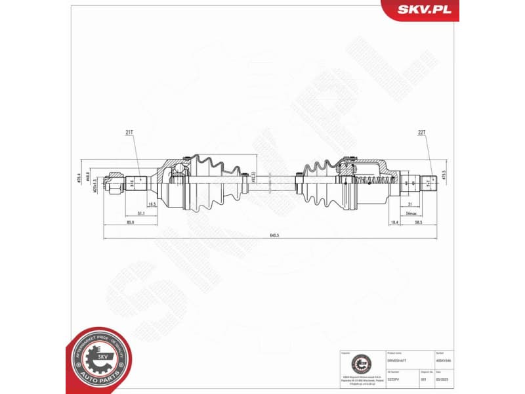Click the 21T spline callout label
click(x=129, y=132)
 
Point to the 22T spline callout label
click(x=422, y=132)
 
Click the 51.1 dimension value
click(x=141, y=214)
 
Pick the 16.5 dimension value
click(x=152, y=205)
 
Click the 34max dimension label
click(x=411, y=214)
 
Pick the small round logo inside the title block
click(x=360, y=362)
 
